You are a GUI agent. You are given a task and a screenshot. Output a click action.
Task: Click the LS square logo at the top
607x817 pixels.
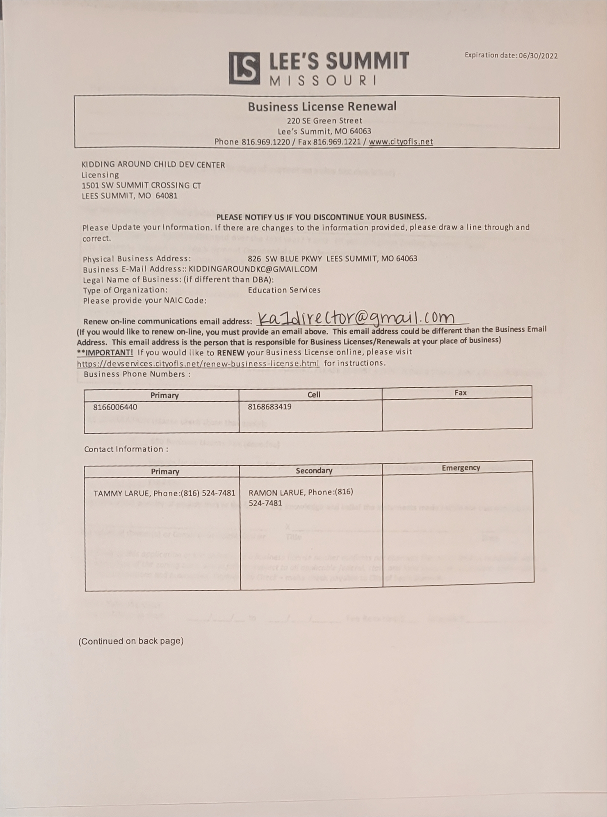pyautogui.click(x=244, y=68)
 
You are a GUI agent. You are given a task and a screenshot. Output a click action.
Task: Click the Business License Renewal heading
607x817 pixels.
pyautogui.click(x=322, y=107)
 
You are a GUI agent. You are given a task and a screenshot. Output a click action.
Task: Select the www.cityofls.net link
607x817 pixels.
pyautogui.click(x=401, y=142)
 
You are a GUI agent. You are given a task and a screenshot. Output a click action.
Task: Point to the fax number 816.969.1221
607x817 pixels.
pyautogui.click(x=337, y=142)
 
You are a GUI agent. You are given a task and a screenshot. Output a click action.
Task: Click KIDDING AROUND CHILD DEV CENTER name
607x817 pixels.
pyautogui.click(x=153, y=165)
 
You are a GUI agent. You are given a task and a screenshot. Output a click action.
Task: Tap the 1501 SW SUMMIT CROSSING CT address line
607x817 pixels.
pyautogui.click(x=141, y=185)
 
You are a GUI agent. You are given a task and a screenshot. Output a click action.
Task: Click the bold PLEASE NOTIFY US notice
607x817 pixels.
pyautogui.click(x=321, y=217)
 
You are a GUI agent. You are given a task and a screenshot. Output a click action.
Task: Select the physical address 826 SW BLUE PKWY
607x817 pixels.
pyautogui.click(x=332, y=259)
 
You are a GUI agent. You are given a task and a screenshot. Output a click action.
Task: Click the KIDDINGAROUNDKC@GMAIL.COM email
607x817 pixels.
pyautogui.click(x=253, y=269)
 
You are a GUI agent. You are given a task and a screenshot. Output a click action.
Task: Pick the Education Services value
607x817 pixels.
pyautogui.click(x=284, y=290)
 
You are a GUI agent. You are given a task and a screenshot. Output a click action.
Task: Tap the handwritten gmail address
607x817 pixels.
pyautogui.click(x=356, y=317)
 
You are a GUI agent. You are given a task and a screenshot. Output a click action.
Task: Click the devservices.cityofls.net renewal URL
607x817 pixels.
pyautogui.click(x=198, y=364)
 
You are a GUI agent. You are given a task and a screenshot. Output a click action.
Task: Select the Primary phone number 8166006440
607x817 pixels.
pyautogui.click(x=115, y=407)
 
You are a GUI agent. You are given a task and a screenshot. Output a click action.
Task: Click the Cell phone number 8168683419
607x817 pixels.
pyautogui.click(x=269, y=407)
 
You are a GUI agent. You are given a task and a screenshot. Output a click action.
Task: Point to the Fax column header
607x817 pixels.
pyautogui.click(x=460, y=393)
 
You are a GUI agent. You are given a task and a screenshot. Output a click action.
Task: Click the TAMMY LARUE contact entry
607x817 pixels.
pyautogui.click(x=164, y=493)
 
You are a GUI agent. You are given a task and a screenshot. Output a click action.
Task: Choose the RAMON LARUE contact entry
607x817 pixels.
pyautogui.click(x=301, y=497)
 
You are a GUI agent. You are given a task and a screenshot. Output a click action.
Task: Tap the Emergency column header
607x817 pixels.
pyautogui.click(x=461, y=468)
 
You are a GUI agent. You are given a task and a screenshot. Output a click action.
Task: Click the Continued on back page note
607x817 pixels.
pyautogui.click(x=131, y=641)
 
